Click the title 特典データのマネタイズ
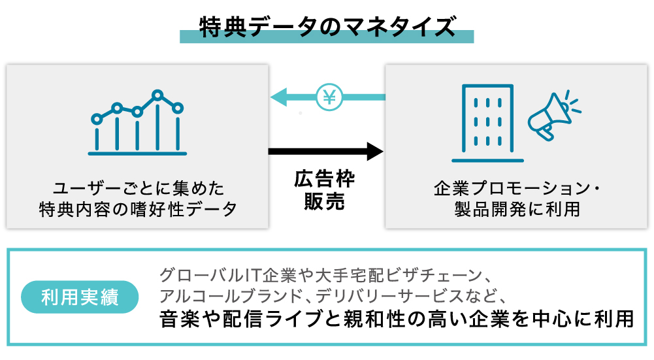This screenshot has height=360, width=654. tap(326, 27)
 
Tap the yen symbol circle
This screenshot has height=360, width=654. tap(328, 97)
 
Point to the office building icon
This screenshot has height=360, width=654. tap(487, 122)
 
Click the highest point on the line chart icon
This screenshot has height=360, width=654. tap(157, 95)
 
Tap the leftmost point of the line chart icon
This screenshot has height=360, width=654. tap(97, 119)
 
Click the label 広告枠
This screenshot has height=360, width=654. tap(325, 180)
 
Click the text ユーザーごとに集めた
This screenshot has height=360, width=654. tap(139, 189)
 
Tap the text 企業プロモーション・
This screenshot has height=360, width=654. tap(517, 189)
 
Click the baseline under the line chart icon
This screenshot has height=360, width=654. tap(137, 154)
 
